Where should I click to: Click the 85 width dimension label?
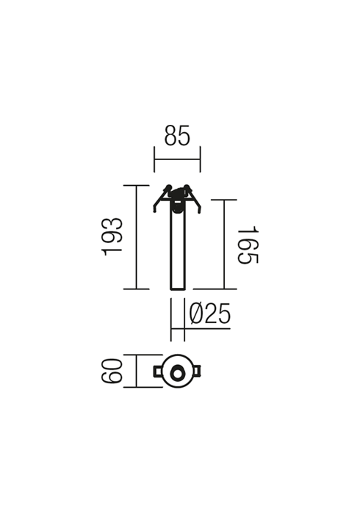pyautogui.click(x=177, y=135)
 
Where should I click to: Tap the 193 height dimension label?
pyautogui.click(x=112, y=236)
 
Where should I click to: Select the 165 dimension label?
pyautogui.click(x=248, y=245)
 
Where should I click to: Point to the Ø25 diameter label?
pyautogui.click(x=210, y=313)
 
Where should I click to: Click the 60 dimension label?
pyautogui.click(x=112, y=371)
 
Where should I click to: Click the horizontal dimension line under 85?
pyautogui.click(x=177, y=159)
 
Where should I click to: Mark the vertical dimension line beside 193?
pyautogui.click(x=136, y=237)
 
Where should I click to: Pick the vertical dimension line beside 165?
pyautogui.click(x=224, y=245)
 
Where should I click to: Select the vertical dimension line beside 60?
pyautogui.click(x=136, y=371)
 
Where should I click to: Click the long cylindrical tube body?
pyautogui.click(x=178, y=251)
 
